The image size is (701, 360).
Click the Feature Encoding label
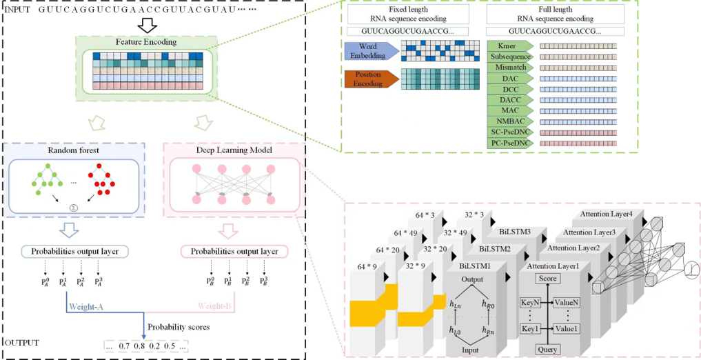(146, 42)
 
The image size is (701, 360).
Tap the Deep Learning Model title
(232, 151)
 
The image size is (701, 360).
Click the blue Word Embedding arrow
(371, 50)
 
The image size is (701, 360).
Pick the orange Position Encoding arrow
(371, 79)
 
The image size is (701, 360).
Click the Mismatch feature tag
(510, 68)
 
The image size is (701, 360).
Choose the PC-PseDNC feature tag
(510, 143)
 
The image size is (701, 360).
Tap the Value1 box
(566, 328)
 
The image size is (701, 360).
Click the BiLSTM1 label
(474, 266)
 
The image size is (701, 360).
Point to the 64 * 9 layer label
(363, 266)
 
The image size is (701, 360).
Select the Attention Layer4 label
(606, 214)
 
